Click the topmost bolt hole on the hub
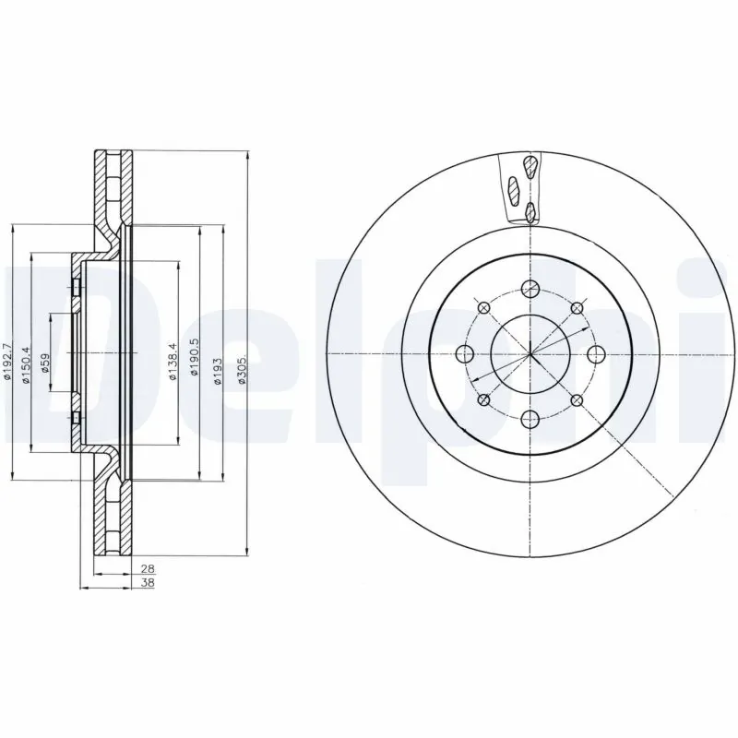(530, 288)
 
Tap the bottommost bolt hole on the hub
(530, 420)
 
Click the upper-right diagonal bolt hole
(577, 308)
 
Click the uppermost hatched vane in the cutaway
(531, 167)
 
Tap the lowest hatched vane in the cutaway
(530, 214)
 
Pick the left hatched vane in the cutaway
(514, 190)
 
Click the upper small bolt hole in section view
(76, 289)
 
